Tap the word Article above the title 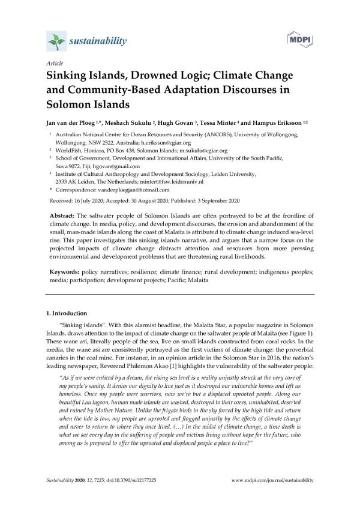(x=55, y=63)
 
